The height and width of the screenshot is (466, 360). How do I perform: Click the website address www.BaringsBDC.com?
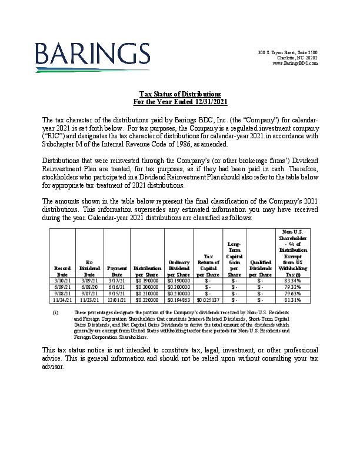(295, 63)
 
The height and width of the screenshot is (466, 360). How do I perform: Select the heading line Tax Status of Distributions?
(180, 94)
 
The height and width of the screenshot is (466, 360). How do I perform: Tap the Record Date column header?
(62, 271)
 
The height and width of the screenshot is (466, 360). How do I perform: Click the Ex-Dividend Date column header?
(89, 268)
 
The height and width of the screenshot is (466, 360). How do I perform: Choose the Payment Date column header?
(117, 271)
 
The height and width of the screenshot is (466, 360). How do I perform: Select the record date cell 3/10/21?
(62, 281)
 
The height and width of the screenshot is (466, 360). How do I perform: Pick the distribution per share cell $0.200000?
(147, 287)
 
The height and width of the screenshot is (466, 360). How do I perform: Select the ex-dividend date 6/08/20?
(89, 287)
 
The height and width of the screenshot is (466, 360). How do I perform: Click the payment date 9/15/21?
(117, 294)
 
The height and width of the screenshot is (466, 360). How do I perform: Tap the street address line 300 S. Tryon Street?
(288, 53)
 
